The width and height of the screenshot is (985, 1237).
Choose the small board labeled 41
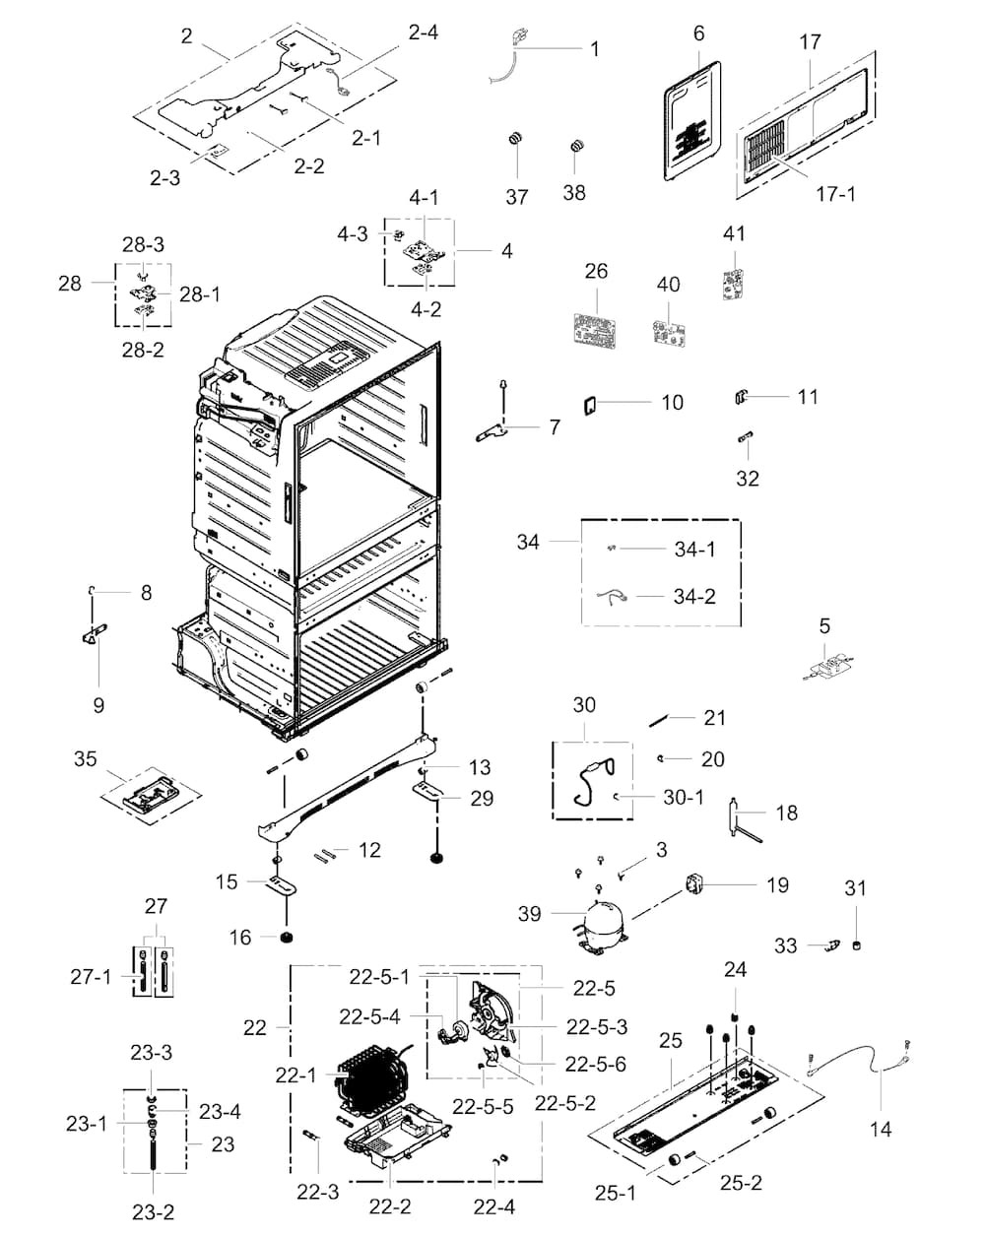(x=732, y=282)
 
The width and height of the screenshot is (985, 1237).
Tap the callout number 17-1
(x=834, y=194)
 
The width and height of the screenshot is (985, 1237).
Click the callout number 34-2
(x=694, y=597)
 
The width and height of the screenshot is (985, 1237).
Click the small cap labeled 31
(x=856, y=945)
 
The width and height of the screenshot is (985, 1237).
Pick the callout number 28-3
(x=143, y=244)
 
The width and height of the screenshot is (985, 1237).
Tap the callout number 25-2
(x=739, y=1183)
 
